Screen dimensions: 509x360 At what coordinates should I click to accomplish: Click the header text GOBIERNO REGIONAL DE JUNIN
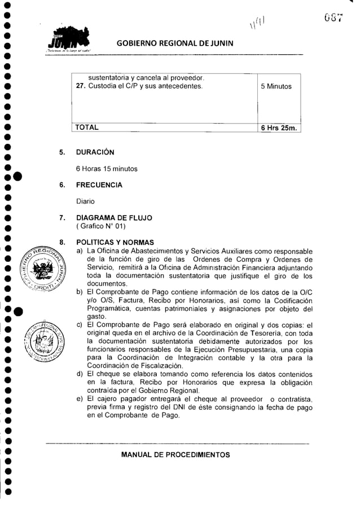(178, 45)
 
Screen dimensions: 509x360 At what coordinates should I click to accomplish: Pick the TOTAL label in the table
(87, 128)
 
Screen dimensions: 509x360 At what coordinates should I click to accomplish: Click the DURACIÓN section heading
(95, 153)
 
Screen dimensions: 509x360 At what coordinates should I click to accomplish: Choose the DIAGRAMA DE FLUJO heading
(114, 218)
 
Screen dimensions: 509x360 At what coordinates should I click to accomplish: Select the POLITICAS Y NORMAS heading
(111, 242)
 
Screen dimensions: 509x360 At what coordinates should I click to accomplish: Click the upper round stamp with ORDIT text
(41, 268)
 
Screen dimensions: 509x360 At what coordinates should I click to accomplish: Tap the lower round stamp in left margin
(41, 341)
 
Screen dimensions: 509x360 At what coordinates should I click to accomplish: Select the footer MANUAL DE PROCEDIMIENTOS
(178, 455)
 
